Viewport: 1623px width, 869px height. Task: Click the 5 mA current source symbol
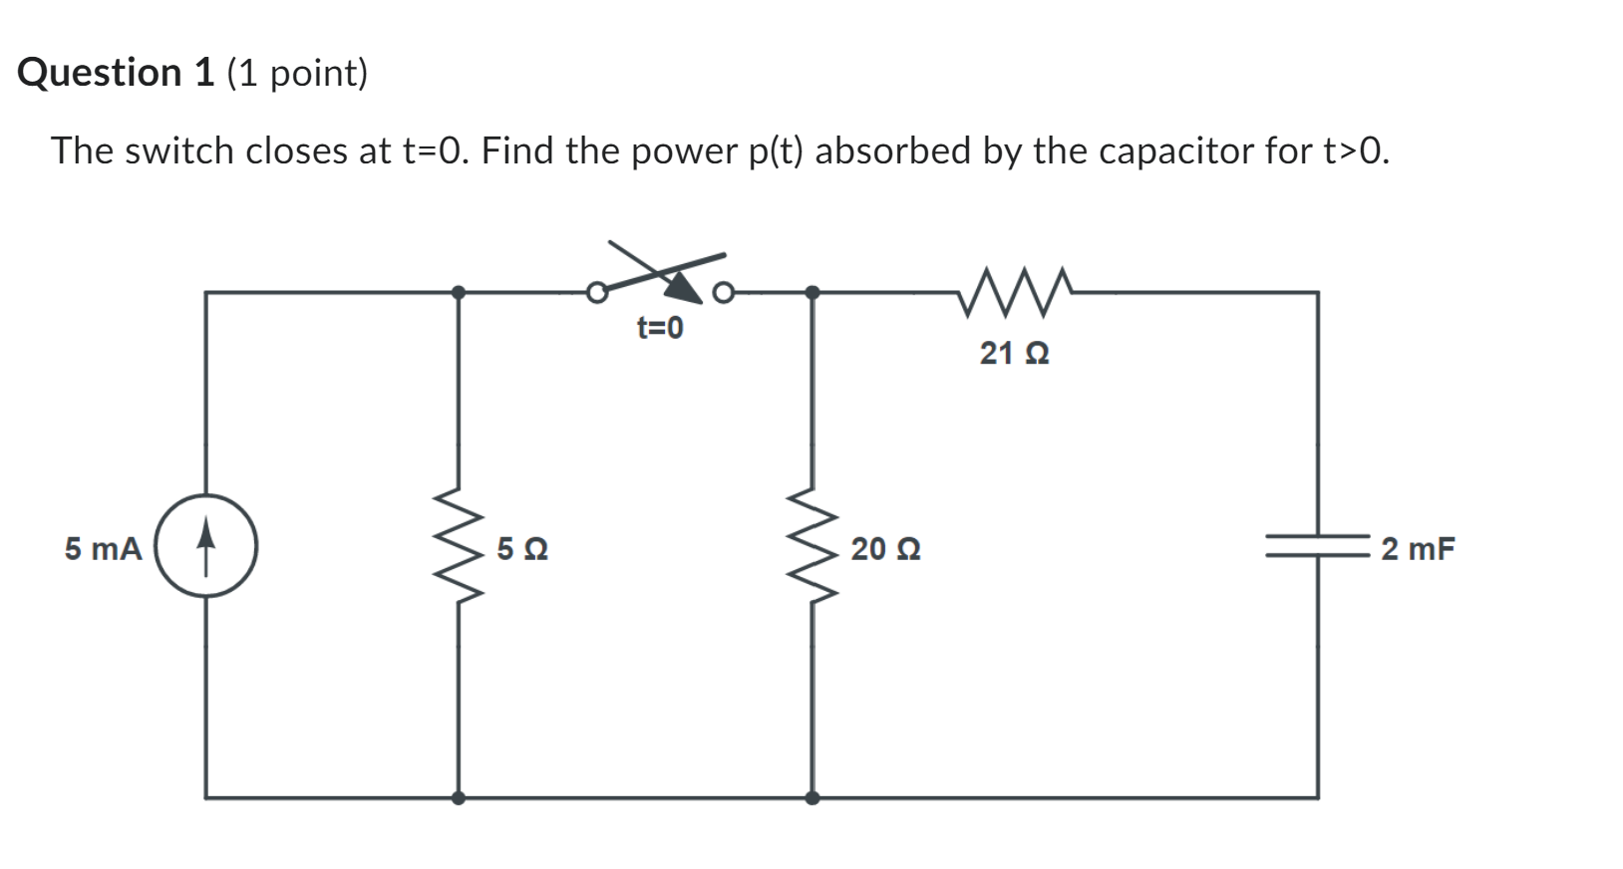coord(206,546)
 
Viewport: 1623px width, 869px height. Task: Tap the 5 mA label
coord(104,549)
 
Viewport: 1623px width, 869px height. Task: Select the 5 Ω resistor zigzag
coord(460,545)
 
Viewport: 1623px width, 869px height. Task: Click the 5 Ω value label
coord(521,549)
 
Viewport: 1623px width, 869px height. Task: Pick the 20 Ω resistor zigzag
coord(813,545)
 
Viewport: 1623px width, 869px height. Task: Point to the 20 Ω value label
coord(885,549)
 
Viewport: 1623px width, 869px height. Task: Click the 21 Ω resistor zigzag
coord(1014,291)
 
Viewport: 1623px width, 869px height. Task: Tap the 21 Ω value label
coord(1014,353)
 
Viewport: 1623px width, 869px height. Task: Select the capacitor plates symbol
coord(1318,546)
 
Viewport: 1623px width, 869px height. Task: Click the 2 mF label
coord(1418,549)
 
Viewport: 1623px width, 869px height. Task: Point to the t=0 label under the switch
coord(660,328)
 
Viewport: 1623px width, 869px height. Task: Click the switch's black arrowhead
coord(684,286)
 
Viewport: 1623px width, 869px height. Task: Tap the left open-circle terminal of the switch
coord(596,293)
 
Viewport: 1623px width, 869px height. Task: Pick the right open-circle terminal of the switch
coord(724,293)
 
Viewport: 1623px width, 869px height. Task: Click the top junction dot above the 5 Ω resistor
coord(459,292)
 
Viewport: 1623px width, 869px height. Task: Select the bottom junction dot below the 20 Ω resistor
coord(812,797)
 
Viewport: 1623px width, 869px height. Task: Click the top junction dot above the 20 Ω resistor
coord(812,292)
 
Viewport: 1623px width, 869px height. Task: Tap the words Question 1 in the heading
coord(116,73)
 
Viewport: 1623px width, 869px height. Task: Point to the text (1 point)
coord(297,73)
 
